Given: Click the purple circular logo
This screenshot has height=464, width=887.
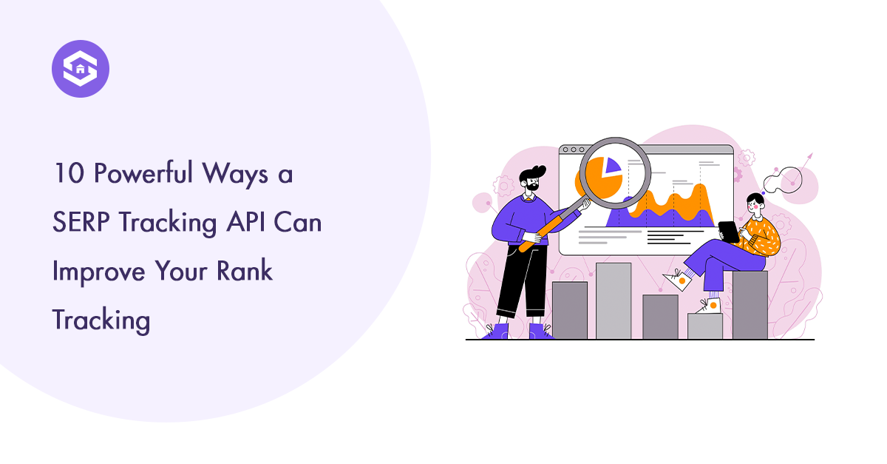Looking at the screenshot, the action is click(81, 69).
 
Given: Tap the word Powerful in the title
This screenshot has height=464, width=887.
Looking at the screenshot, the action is click(143, 172).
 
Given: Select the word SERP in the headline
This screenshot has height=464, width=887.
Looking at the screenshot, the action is click(81, 222).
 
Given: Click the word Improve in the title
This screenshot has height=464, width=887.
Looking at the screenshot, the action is click(99, 272).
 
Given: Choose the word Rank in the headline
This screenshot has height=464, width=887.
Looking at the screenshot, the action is click(245, 270).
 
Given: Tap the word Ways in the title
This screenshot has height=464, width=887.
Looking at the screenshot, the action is click(236, 175).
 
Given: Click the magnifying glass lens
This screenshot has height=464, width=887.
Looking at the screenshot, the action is click(615, 172).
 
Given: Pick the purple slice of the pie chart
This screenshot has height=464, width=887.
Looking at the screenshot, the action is click(612, 165).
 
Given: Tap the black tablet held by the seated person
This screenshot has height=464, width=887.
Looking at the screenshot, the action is click(729, 232).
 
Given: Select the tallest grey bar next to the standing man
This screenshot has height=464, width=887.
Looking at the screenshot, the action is click(614, 300).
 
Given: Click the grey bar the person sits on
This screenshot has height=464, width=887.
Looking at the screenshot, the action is click(750, 305).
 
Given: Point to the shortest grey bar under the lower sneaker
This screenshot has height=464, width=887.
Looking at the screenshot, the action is click(705, 326).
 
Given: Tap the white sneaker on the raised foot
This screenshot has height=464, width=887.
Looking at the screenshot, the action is click(678, 280).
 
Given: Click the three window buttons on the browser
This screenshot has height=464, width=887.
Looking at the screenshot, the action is click(574, 149).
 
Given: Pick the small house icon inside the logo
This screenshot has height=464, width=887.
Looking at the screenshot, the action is click(81, 69).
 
